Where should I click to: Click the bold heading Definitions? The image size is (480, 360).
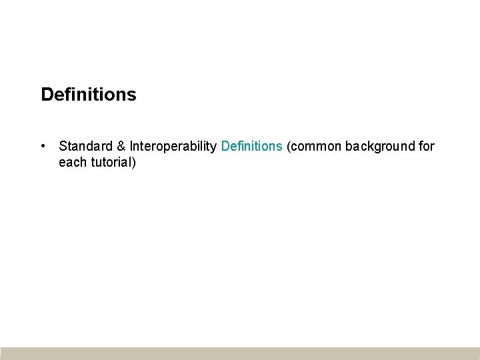tap(88, 95)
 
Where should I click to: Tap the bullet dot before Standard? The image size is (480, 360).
tap(42, 145)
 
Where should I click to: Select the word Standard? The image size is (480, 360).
tap(85, 146)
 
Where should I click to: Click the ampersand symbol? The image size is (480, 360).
tap(121, 146)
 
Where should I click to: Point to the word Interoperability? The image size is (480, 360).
tap(173, 146)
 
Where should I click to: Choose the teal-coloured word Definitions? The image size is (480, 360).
tap(251, 146)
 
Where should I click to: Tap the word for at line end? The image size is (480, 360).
tap(427, 146)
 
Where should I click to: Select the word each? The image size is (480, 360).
tap(72, 162)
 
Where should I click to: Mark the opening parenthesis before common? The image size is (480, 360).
tap(288, 146)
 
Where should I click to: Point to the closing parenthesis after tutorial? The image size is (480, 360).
tap(134, 162)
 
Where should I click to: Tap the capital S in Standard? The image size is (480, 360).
tap(63, 146)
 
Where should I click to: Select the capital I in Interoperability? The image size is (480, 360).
tap(131, 146)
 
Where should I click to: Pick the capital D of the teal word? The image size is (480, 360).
tap(225, 146)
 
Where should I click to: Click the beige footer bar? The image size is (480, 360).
tap(240, 353)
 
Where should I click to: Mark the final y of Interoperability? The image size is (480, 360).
tap(213, 147)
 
